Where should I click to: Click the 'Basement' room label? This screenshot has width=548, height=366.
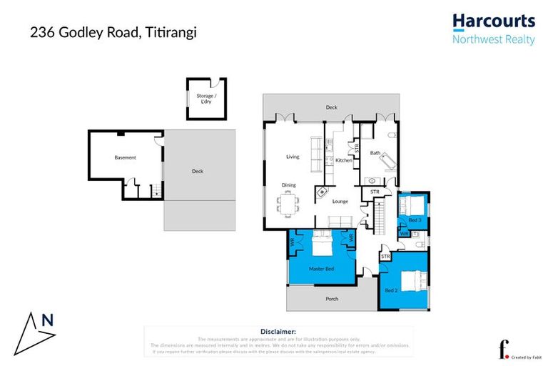pos(125,157)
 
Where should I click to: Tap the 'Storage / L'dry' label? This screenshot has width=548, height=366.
pos(206,99)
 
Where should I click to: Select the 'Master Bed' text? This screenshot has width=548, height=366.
pos(321,269)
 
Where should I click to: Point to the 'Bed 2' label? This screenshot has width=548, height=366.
pos(390,290)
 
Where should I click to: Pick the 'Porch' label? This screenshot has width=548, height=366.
pos(331,299)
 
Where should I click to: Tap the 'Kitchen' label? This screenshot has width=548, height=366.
pos(344,161)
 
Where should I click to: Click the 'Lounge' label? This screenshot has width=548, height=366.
pos(340,202)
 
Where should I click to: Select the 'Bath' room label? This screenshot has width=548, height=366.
pos(375,153)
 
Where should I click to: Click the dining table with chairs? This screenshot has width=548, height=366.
pos(289,205)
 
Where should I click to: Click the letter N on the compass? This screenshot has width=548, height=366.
pos(47,321)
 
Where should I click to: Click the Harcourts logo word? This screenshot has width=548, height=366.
pos(494,21)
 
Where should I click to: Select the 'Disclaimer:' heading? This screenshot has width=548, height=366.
pos(278,332)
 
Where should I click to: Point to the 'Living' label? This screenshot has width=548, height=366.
pos(293,157)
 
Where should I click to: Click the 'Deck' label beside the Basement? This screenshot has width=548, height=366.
pos(197,172)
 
